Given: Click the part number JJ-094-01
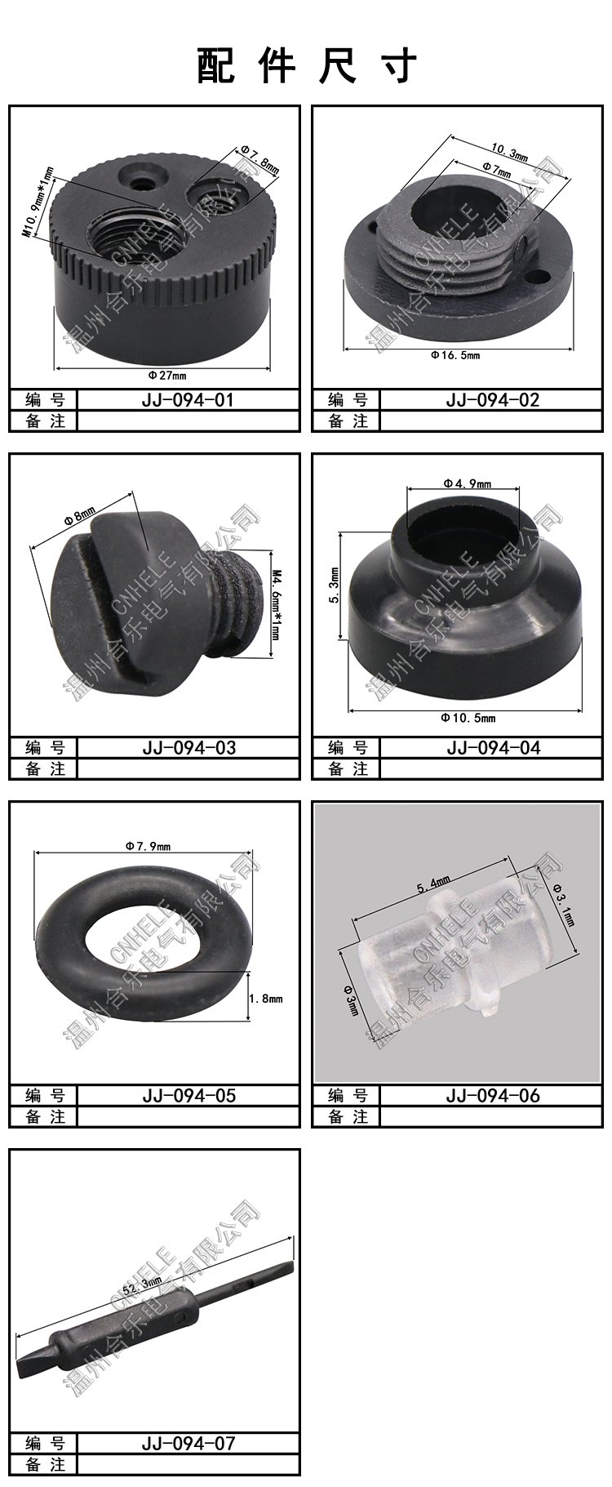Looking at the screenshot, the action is click(188, 399).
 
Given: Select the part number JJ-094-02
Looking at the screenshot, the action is click(493, 399).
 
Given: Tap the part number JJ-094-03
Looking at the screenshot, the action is click(188, 747).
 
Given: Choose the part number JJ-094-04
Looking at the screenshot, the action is click(493, 747).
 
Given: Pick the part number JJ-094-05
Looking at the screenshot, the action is click(188, 1095).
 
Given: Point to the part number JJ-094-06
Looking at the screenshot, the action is click(493, 1095).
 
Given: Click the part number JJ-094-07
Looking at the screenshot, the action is click(188, 1443).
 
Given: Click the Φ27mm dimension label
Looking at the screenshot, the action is click(167, 376).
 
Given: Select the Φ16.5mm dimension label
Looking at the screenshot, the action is click(456, 355).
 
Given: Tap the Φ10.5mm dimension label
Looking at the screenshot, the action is click(468, 718).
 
